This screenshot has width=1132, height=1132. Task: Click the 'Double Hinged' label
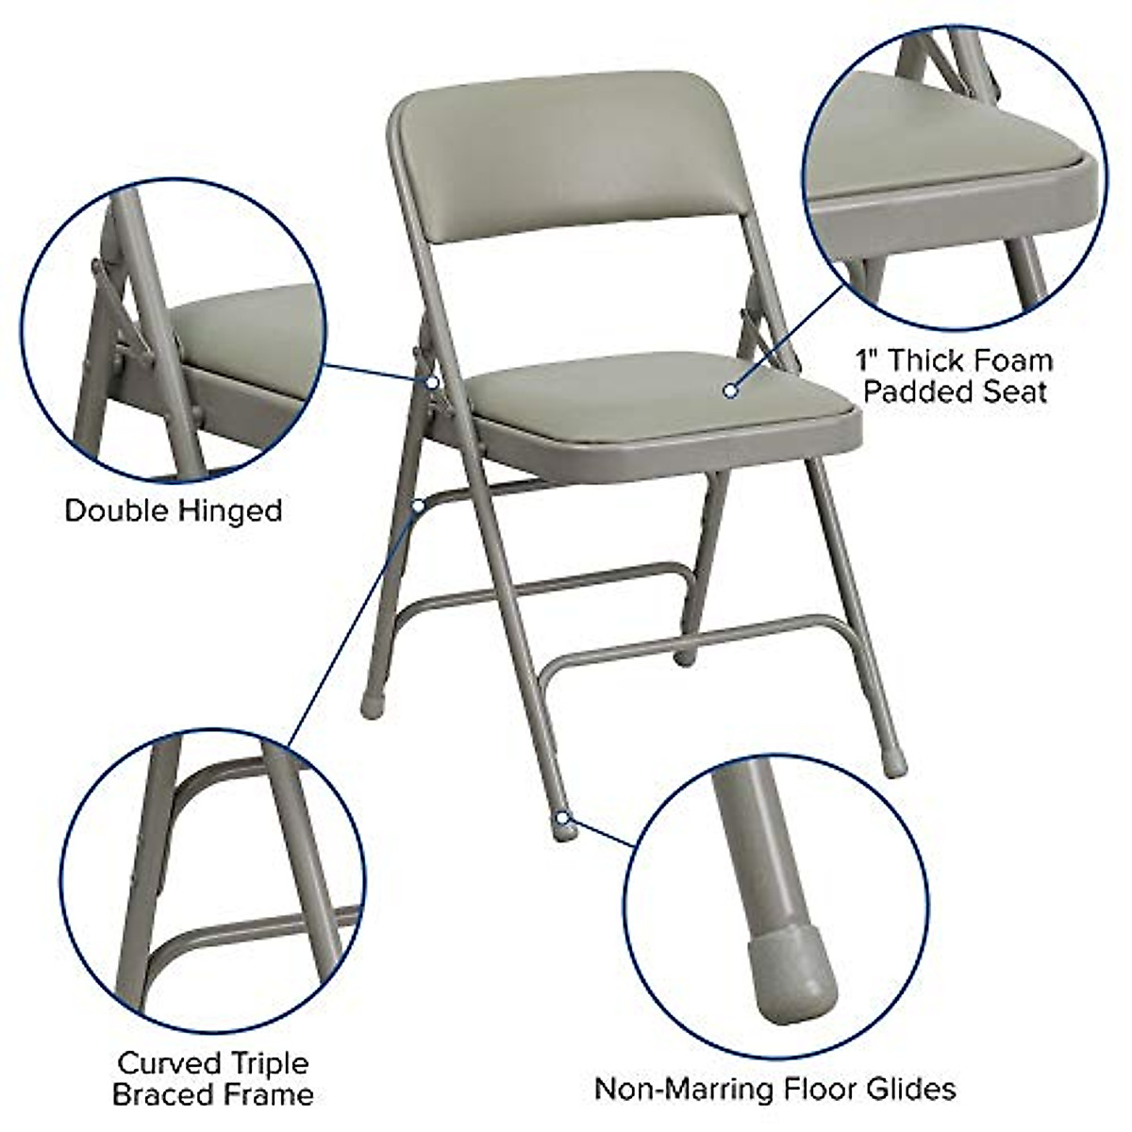point(174,511)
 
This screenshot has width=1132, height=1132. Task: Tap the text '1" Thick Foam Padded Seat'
point(954,375)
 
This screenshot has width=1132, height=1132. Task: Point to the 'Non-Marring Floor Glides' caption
point(774,1090)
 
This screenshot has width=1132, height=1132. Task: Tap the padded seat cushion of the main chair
point(660,396)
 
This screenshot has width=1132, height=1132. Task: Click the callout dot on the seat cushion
point(730,389)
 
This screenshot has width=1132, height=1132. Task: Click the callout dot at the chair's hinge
point(431,383)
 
